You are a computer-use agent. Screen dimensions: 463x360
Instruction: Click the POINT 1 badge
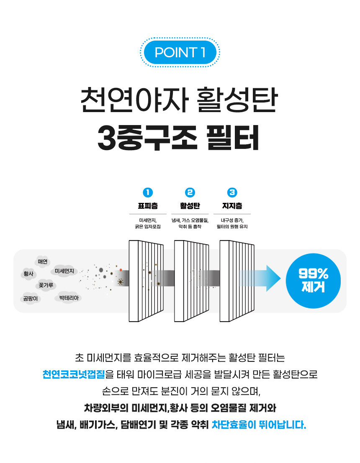tap(180, 53)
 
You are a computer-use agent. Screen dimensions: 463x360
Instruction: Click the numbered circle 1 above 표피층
tap(147, 192)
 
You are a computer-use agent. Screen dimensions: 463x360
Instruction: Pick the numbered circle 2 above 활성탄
tap(190, 192)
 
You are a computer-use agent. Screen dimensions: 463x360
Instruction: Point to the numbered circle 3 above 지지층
tap(232, 192)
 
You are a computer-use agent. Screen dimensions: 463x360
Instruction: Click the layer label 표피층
tap(147, 206)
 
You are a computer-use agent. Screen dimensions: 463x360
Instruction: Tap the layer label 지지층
tap(232, 206)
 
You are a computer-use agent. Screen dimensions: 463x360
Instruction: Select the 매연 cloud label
tap(43, 262)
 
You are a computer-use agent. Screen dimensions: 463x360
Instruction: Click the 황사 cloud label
tap(28, 274)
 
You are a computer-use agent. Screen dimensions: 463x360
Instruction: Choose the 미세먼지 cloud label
tap(64, 271)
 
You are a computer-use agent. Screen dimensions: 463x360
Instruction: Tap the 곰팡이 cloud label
tap(31, 299)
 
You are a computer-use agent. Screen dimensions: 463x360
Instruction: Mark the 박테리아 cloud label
tap(68, 298)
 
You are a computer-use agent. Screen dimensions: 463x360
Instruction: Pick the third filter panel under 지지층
tap(237, 280)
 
